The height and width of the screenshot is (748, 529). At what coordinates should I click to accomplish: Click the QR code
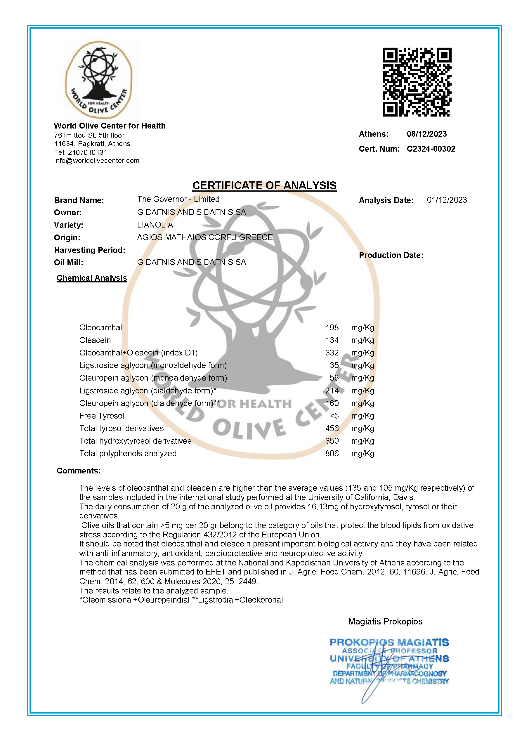(417, 82)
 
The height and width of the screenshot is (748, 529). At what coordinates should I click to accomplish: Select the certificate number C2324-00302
(431, 149)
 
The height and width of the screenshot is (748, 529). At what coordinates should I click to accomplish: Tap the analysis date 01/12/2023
(447, 200)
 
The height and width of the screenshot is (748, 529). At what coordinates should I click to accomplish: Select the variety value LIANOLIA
(155, 225)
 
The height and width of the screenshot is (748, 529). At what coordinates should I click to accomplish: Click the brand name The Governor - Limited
(178, 199)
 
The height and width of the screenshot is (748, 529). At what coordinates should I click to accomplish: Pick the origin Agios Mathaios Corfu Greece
(204, 237)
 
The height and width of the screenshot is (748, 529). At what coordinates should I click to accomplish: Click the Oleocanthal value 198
(332, 327)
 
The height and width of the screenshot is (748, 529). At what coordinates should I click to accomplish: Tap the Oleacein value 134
(332, 340)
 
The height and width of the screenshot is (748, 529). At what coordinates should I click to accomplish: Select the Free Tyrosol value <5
(334, 416)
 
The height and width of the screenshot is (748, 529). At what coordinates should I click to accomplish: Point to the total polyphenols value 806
(332, 454)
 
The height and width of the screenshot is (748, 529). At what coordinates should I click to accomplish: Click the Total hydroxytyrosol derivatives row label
(135, 441)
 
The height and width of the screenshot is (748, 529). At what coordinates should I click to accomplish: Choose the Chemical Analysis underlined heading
(91, 278)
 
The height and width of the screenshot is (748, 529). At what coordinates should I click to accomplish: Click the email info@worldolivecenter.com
(96, 161)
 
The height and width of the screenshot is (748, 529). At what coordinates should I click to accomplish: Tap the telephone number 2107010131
(87, 152)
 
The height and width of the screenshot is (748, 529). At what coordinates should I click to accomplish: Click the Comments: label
(79, 471)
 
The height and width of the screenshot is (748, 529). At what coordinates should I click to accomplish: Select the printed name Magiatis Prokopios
(385, 621)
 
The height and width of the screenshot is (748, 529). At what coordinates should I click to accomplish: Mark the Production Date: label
(391, 255)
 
